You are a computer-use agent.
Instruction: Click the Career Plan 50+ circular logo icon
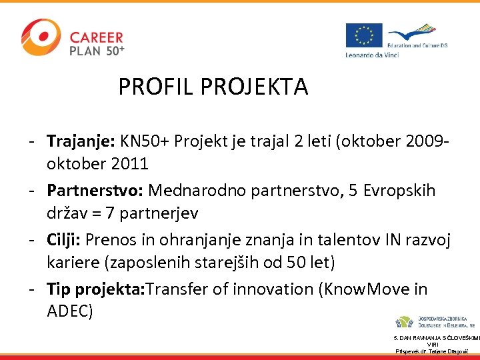click(x=41, y=37)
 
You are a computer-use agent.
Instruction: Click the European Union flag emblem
click(x=364, y=35)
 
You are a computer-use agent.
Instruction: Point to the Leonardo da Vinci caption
click(x=372, y=55)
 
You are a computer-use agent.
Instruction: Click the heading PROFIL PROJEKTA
click(x=213, y=87)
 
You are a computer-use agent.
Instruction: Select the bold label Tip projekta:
click(x=96, y=289)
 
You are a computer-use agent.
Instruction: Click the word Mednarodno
click(x=196, y=191)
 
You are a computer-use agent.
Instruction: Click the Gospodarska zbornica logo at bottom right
click(x=434, y=322)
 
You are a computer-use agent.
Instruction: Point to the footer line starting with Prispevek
click(x=433, y=351)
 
